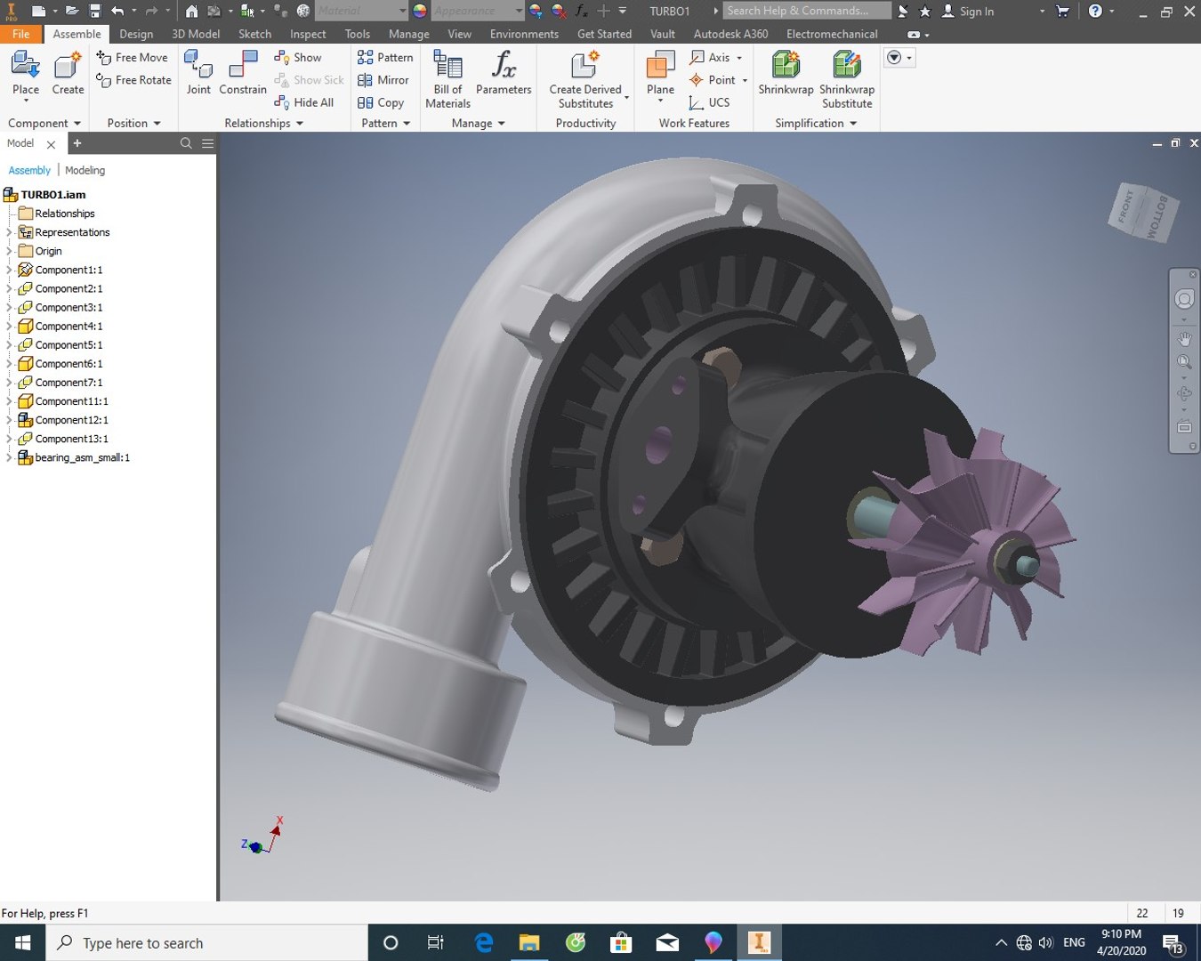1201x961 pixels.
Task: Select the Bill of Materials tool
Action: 447,78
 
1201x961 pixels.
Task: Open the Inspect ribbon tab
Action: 308,34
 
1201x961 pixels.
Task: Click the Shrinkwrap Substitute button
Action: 846,78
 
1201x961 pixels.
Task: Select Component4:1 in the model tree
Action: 69,327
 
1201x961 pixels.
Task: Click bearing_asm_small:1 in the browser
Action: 82,458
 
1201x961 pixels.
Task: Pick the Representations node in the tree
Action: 72,232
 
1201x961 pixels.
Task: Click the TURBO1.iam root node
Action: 53,195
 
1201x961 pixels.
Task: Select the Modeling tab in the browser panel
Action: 85,170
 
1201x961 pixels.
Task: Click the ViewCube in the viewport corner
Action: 1144,213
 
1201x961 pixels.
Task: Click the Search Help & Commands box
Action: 806,11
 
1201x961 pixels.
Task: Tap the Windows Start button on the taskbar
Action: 23,942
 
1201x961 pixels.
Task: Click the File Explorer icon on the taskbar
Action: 529,942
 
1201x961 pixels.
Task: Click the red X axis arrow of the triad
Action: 276,829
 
